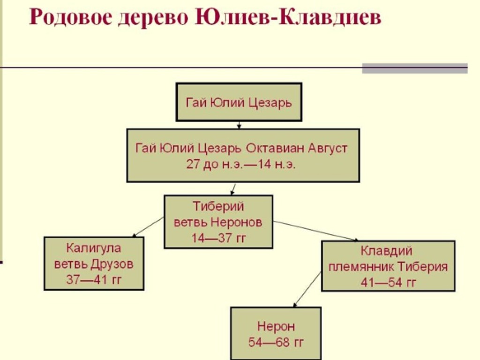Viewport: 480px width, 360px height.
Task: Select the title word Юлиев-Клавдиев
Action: tap(288, 17)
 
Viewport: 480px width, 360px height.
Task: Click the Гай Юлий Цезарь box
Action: tap(239, 102)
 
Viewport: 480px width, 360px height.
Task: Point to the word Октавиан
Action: tap(275, 148)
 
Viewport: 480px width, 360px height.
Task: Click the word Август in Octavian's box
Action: tap(328, 149)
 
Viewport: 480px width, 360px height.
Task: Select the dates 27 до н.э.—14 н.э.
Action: tap(240, 165)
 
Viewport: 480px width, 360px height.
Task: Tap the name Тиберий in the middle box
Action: tap(218, 206)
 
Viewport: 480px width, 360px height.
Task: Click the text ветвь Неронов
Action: tap(218, 222)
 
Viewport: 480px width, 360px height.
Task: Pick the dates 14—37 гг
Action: tap(218, 238)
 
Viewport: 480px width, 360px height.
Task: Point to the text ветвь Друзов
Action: tap(94, 264)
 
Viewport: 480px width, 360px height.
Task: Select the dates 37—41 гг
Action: tap(94, 279)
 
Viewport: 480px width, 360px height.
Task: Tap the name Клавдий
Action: tap(386, 251)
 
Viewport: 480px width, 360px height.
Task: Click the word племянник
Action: tap(361, 267)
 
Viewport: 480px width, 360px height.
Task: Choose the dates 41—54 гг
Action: tap(389, 282)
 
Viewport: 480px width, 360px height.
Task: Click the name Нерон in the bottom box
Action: tap(276, 326)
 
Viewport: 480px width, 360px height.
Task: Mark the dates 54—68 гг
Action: tap(276, 342)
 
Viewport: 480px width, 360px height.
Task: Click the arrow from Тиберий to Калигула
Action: tap(148, 227)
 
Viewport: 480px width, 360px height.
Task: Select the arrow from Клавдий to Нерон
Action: tap(307, 289)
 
